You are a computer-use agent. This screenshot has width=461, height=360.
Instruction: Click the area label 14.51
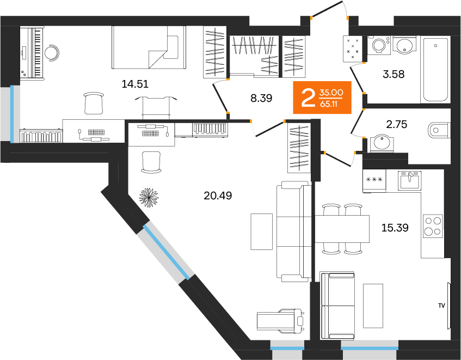135,84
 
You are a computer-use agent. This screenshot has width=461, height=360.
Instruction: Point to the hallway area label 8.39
261,98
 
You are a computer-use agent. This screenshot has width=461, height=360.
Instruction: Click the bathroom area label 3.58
394,75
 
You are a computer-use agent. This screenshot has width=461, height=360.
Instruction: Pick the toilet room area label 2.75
397,124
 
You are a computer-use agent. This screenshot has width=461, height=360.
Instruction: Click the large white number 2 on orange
308,98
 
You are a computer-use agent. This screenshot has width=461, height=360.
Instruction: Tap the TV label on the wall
441,306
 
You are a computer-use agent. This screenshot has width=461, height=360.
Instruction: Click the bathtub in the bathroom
435,69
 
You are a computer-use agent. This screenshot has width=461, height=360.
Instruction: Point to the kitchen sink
409,179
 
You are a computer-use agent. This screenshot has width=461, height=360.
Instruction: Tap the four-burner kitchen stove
433,226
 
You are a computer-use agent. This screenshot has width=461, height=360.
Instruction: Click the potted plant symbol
148,197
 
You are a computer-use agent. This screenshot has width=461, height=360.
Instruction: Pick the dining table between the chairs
342,229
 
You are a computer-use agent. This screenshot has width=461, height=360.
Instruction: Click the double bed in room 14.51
148,47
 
